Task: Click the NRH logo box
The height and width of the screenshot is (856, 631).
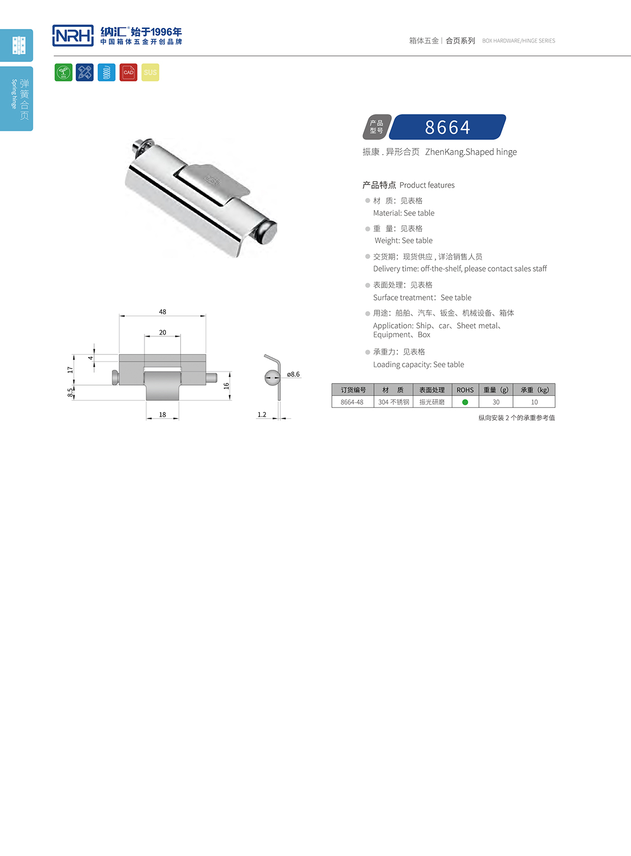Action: (x=73, y=36)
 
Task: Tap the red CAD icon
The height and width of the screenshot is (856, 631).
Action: (x=128, y=72)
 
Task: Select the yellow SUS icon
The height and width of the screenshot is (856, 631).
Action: (x=150, y=72)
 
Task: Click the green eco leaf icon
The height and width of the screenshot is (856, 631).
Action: (x=64, y=72)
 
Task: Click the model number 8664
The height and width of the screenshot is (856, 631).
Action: (x=448, y=127)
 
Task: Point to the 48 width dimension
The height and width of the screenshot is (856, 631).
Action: (x=162, y=312)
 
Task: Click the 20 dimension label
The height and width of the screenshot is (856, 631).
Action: (x=162, y=333)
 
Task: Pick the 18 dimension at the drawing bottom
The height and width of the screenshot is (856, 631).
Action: (x=162, y=415)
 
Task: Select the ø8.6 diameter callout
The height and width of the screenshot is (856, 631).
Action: (x=294, y=374)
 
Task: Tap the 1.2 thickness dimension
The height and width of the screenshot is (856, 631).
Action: (x=262, y=415)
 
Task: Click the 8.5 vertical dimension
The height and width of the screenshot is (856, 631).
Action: (x=70, y=393)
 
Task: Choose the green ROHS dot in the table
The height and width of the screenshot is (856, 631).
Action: (x=465, y=402)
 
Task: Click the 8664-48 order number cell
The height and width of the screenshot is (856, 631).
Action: (x=352, y=402)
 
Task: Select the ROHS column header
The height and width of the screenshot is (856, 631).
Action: (x=465, y=390)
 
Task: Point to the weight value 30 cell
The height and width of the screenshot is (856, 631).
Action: (x=496, y=402)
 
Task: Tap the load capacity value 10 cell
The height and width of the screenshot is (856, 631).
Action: (x=534, y=402)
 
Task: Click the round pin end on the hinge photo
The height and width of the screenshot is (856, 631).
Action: (x=265, y=233)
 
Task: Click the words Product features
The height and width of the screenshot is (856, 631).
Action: (x=427, y=185)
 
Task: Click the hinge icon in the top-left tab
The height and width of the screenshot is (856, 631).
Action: (x=19, y=45)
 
